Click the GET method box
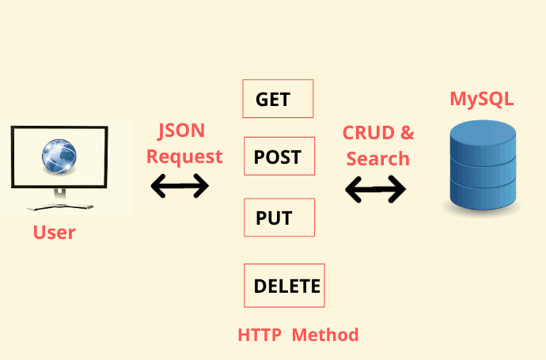278,99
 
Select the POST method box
279,156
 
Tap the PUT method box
279,218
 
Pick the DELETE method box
284,286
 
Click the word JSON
181,131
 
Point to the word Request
184,157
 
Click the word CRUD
369,133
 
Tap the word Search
377,159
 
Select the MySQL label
482,99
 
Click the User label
55,233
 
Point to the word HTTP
260,335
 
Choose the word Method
325,335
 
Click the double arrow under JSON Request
180,186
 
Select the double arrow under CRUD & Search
375,189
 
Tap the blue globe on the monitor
59,156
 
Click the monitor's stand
60,200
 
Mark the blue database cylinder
483,165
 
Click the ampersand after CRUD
407,133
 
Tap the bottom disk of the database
483,197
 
